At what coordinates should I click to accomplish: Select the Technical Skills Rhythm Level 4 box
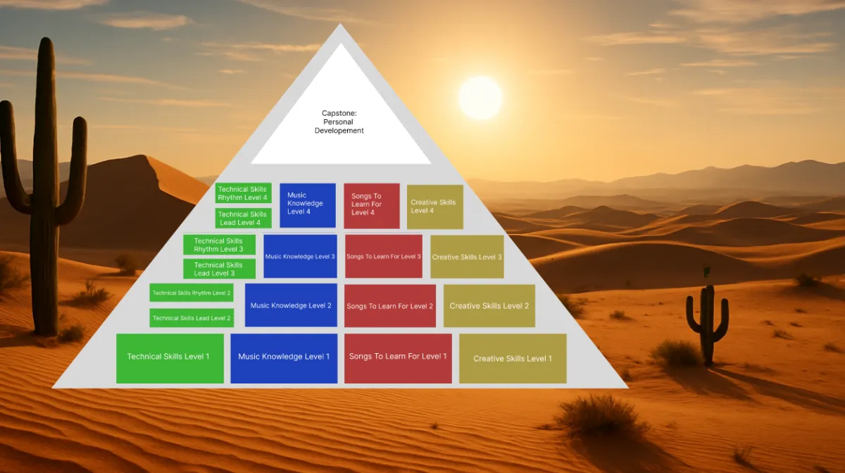click(x=244, y=193)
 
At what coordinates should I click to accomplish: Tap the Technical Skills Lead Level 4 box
click(x=244, y=219)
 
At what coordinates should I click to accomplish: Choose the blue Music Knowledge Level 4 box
click(x=308, y=205)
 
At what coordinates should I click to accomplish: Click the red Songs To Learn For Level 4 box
click(x=372, y=206)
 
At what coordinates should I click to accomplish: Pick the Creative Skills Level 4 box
click(x=435, y=207)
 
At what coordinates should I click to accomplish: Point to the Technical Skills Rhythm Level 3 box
click(x=219, y=245)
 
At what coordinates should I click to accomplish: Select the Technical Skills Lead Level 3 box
click(x=219, y=269)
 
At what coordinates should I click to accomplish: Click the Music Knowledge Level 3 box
click(x=300, y=257)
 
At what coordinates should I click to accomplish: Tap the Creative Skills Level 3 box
click(x=467, y=257)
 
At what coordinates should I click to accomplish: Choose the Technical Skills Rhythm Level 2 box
click(x=192, y=293)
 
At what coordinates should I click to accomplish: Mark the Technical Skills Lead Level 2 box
click(x=192, y=318)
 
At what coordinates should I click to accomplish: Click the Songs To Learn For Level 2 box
click(x=390, y=306)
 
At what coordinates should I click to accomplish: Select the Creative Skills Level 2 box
click(x=489, y=306)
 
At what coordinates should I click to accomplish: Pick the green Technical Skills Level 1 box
click(x=170, y=358)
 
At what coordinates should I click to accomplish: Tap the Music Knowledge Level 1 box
click(x=284, y=358)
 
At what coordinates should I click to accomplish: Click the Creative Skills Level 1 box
click(x=513, y=358)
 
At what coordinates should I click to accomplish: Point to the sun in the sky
click(x=480, y=98)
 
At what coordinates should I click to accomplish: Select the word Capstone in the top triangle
click(x=339, y=113)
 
